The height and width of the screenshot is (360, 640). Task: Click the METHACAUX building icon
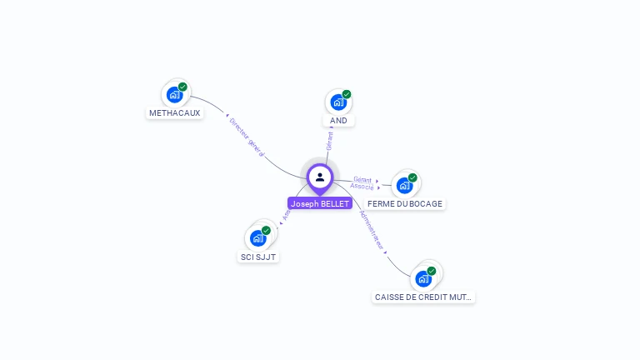tap(174, 94)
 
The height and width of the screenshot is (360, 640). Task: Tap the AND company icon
tap(337, 102)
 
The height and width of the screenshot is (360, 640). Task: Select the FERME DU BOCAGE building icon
tap(404, 185)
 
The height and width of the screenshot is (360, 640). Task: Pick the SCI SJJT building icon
tap(257, 237)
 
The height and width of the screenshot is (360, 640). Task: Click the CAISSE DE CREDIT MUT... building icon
tap(423, 278)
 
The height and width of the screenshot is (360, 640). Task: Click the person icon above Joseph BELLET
tap(320, 177)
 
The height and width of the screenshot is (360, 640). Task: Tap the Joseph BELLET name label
tap(320, 203)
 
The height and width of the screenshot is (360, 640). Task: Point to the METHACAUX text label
tap(175, 113)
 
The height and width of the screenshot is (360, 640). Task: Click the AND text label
tap(338, 121)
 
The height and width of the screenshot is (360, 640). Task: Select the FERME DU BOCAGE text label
tap(405, 203)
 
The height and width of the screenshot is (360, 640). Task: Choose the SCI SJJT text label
tap(257, 257)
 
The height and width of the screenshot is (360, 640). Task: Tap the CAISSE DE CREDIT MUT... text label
tap(423, 297)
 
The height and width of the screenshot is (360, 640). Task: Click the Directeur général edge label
tap(247, 137)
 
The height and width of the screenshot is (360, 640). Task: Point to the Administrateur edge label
tap(371, 230)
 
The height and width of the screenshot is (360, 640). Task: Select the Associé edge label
tap(362, 187)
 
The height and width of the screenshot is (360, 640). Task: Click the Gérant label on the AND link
tap(330, 140)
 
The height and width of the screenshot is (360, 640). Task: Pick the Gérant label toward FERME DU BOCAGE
tap(362, 179)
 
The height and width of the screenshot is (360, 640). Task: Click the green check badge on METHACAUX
tap(182, 87)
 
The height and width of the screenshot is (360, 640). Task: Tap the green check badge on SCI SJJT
tap(266, 230)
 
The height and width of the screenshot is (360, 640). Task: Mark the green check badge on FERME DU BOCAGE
tap(412, 177)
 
